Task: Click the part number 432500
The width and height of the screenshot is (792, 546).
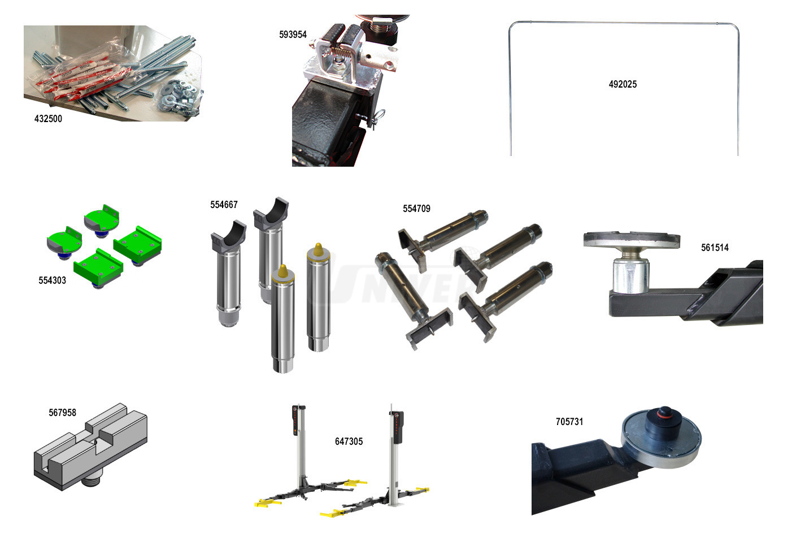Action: click(48, 119)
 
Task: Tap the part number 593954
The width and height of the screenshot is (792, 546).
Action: click(293, 34)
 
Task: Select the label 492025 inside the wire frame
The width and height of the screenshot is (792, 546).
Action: click(623, 84)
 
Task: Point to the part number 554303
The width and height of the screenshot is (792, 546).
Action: click(53, 280)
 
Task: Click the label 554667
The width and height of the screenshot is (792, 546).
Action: click(224, 205)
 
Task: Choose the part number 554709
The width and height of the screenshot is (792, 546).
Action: click(416, 209)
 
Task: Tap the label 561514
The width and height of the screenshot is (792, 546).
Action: click(715, 248)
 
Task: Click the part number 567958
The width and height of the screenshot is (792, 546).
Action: click(62, 413)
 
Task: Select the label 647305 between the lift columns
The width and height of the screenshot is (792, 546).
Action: click(349, 441)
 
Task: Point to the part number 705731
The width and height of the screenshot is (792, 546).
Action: click(569, 422)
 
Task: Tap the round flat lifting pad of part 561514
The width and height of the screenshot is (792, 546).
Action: click(632, 239)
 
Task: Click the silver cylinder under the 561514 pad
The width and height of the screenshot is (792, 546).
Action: click(631, 275)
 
